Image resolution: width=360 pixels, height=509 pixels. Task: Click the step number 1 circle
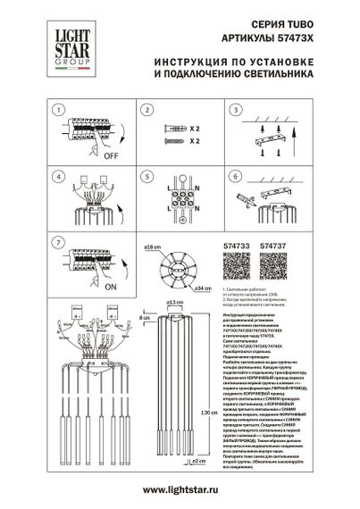(x=58, y=110)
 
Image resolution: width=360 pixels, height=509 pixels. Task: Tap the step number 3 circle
(x=237, y=110)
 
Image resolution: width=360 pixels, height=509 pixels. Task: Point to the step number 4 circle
(x=58, y=176)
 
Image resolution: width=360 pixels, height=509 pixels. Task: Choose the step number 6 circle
(x=237, y=176)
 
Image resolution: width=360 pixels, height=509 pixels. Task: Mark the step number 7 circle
(x=58, y=241)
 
